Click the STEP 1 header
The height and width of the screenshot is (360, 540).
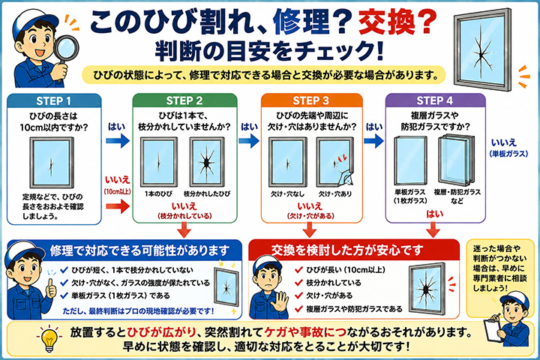pyautogui.click(x=54, y=101)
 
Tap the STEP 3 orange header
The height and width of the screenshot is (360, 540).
pyautogui.click(x=311, y=100)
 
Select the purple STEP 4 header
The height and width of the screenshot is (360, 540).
pyautogui.click(x=435, y=100)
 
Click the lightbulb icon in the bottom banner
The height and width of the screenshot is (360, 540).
pyautogui.click(x=49, y=338)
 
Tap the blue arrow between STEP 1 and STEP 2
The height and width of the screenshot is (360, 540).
pyautogui.click(x=118, y=140)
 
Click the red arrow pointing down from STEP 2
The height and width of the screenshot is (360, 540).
pyautogui.click(x=184, y=229)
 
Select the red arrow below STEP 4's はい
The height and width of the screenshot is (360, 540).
pyautogui.click(x=433, y=229)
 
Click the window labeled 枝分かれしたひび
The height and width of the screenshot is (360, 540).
pyautogui.click(x=207, y=162)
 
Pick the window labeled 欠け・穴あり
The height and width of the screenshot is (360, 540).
pyautogui.click(x=335, y=162)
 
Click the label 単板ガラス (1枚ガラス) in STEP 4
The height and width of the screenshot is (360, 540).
pyautogui.click(x=410, y=196)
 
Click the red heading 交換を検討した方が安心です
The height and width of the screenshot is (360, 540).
pyautogui.click(x=347, y=250)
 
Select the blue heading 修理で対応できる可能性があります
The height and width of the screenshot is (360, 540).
pyautogui.click(x=139, y=250)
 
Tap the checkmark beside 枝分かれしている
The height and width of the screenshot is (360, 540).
pyautogui.click(x=298, y=283)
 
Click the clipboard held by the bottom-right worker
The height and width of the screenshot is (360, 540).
pyautogui.click(x=492, y=330)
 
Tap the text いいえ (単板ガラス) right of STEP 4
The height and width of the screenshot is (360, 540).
pyautogui.click(x=508, y=148)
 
